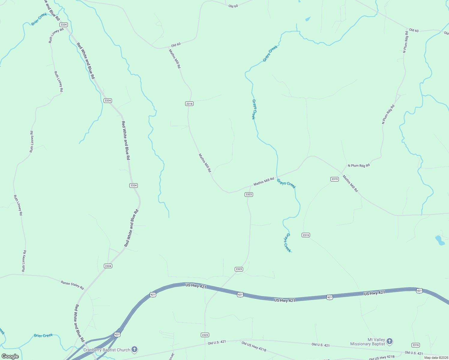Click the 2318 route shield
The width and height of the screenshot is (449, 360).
point(189,104)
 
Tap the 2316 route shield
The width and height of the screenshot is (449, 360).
point(415,345)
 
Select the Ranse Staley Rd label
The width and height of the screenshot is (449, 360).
point(72,285)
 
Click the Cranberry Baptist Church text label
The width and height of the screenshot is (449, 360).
point(107,350)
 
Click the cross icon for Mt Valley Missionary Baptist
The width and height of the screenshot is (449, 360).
point(389,341)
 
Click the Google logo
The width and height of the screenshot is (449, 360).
point(10,356)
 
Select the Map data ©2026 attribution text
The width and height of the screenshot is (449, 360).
point(436,358)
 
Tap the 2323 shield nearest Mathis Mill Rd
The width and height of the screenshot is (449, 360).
point(249,194)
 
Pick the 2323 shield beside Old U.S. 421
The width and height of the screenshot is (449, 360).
point(205,335)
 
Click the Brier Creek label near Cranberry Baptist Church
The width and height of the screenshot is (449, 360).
point(43,335)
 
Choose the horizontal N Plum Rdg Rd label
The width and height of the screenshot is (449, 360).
point(359,165)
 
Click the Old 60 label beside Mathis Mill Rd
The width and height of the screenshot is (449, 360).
point(176,45)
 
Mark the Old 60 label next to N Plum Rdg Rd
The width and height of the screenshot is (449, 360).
point(414,30)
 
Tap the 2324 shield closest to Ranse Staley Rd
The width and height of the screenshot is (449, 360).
point(108,266)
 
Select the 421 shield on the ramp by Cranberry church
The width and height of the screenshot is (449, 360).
point(117,334)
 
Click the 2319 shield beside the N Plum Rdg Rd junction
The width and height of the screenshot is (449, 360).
point(335,179)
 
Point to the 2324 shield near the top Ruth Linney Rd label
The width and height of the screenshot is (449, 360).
point(63,25)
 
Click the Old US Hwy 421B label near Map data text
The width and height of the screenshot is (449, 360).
point(381,357)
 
